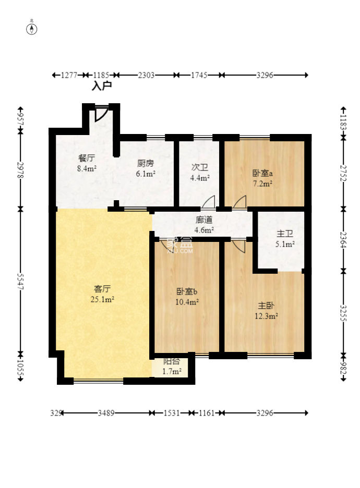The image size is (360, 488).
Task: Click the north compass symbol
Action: pyautogui.click(x=32, y=28)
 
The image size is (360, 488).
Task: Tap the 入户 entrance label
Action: pyautogui.click(x=102, y=86)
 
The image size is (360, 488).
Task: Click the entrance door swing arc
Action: pyautogui.click(x=101, y=114)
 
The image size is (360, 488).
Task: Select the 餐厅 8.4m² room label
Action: pyautogui.click(x=87, y=163)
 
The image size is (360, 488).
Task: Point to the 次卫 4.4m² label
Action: pyautogui.click(x=200, y=173)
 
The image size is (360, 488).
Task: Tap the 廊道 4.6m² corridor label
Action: pyautogui.click(x=204, y=225)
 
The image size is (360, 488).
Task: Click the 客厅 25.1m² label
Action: pyautogui.click(x=103, y=294)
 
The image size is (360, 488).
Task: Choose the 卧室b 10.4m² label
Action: pyautogui.click(x=187, y=296)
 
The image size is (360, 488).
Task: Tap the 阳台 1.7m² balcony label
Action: pyautogui.click(x=172, y=367)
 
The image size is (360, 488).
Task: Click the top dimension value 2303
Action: pyautogui.click(x=146, y=75)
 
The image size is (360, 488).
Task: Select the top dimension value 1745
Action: pyautogui.click(x=199, y=75)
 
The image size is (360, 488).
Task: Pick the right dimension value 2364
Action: pyautogui.click(x=343, y=239)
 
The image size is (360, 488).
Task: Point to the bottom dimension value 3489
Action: pyautogui.click(x=107, y=413)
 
